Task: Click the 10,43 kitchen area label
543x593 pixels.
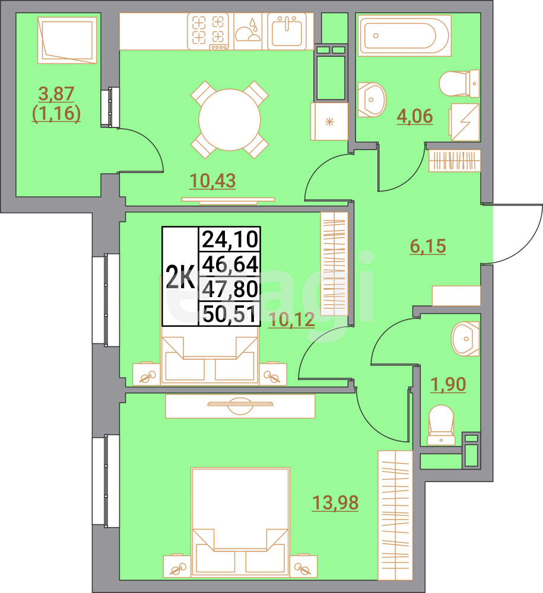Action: coord(212,180)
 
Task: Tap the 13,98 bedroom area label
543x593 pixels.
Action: coord(335,503)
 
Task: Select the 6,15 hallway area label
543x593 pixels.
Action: coord(427,246)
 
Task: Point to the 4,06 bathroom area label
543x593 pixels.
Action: coord(414,116)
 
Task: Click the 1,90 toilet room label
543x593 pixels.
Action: coord(448,384)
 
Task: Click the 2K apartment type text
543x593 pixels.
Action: coord(180,277)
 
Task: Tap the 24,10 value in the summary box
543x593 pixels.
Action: coord(230,240)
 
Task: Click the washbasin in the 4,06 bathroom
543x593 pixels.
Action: coord(372,98)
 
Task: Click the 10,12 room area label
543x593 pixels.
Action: coord(291,320)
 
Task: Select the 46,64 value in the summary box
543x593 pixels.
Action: coord(230,264)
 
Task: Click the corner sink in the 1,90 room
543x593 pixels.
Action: coord(465,338)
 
